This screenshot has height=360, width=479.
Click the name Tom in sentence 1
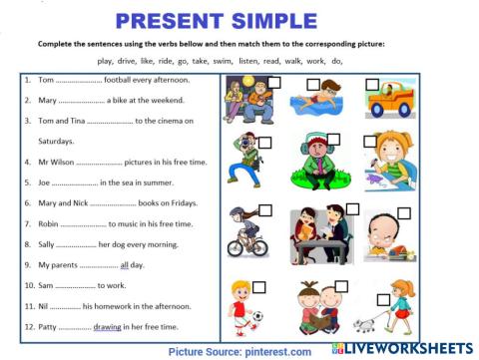[45, 79]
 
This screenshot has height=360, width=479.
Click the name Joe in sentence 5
[44, 182]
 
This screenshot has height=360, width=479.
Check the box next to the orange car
[373, 85]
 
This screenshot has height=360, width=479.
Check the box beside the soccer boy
[258, 287]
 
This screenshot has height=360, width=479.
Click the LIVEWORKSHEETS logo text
[411, 348]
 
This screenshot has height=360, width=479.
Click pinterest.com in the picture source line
[274, 351]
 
